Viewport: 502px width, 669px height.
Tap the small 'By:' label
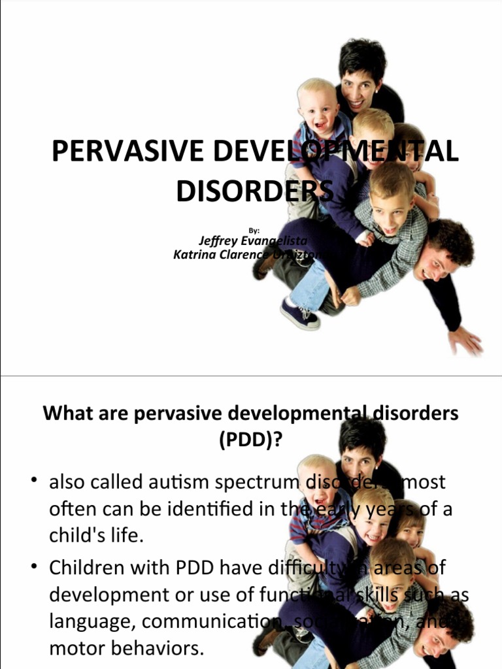[255, 230]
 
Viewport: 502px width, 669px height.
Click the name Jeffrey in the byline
[219, 241]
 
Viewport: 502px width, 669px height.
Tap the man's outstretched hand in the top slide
[465, 340]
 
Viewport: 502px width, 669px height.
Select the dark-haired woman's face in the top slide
[358, 91]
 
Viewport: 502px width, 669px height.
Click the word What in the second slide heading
[65, 414]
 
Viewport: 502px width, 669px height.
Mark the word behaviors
[156, 649]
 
